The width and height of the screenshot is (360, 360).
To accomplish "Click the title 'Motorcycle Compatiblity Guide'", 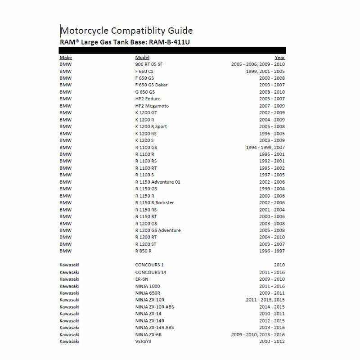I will [x=126, y=31].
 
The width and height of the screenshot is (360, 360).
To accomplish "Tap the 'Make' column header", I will [x=65, y=58].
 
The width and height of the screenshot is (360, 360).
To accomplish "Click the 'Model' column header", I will [x=142, y=58].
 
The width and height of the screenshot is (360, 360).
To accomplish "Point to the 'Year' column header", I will [x=280, y=58].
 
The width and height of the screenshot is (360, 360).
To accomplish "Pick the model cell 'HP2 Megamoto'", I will [x=151, y=106].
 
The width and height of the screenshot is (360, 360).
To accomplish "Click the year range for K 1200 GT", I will [x=272, y=112].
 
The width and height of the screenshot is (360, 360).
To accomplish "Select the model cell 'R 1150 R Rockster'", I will [x=154, y=202].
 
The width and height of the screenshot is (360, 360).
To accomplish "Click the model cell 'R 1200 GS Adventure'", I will [x=158, y=230].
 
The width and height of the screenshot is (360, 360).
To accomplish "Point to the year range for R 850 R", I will [x=272, y=251].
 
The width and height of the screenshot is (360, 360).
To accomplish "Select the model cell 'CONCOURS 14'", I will [x=151, y=272].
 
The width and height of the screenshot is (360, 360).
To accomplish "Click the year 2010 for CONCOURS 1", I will [x=279, y=265].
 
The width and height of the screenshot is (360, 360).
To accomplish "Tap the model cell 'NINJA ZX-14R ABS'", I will [x=154, y=328].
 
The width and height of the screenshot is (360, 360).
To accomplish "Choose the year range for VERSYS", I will [x=272, y=342].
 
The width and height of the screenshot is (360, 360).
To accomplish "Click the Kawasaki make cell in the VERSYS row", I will [x=69, y=342].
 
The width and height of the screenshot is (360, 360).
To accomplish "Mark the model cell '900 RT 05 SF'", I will [x=149, y=64].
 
